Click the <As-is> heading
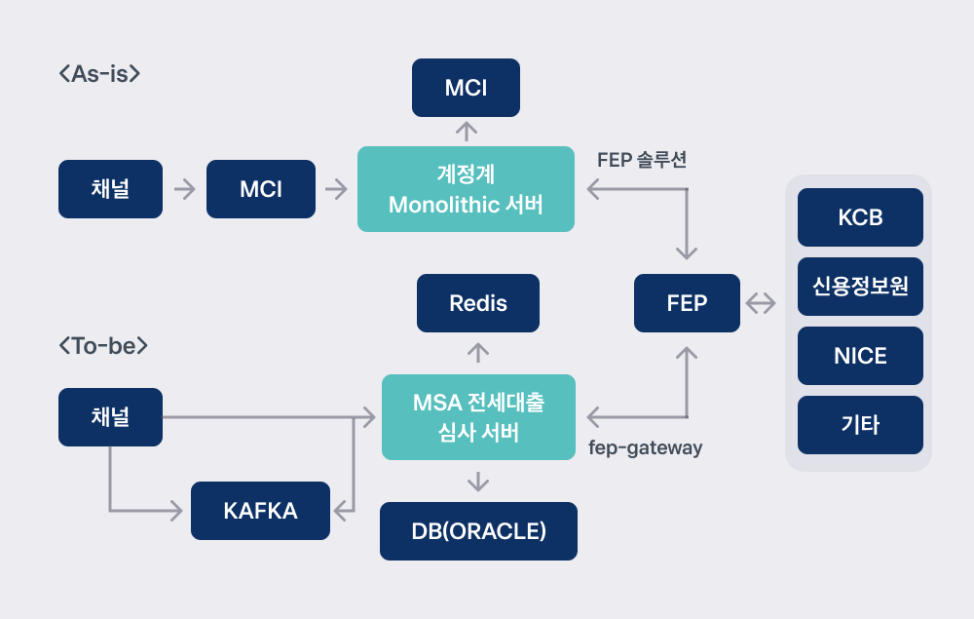99,74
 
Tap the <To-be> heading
103,345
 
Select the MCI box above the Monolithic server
466,88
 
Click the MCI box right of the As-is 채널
261,189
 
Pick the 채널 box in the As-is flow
111,189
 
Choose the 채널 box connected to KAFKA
111,417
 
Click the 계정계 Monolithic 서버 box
466,189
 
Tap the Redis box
478,303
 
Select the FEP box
687,303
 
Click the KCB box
860,217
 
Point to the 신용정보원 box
860,287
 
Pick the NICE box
860,356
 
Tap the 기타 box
860,425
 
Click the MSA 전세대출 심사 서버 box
479,417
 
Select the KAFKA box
260,511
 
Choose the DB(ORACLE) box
479,531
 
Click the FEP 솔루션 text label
642,160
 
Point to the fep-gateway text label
646,447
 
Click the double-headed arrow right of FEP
761,303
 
